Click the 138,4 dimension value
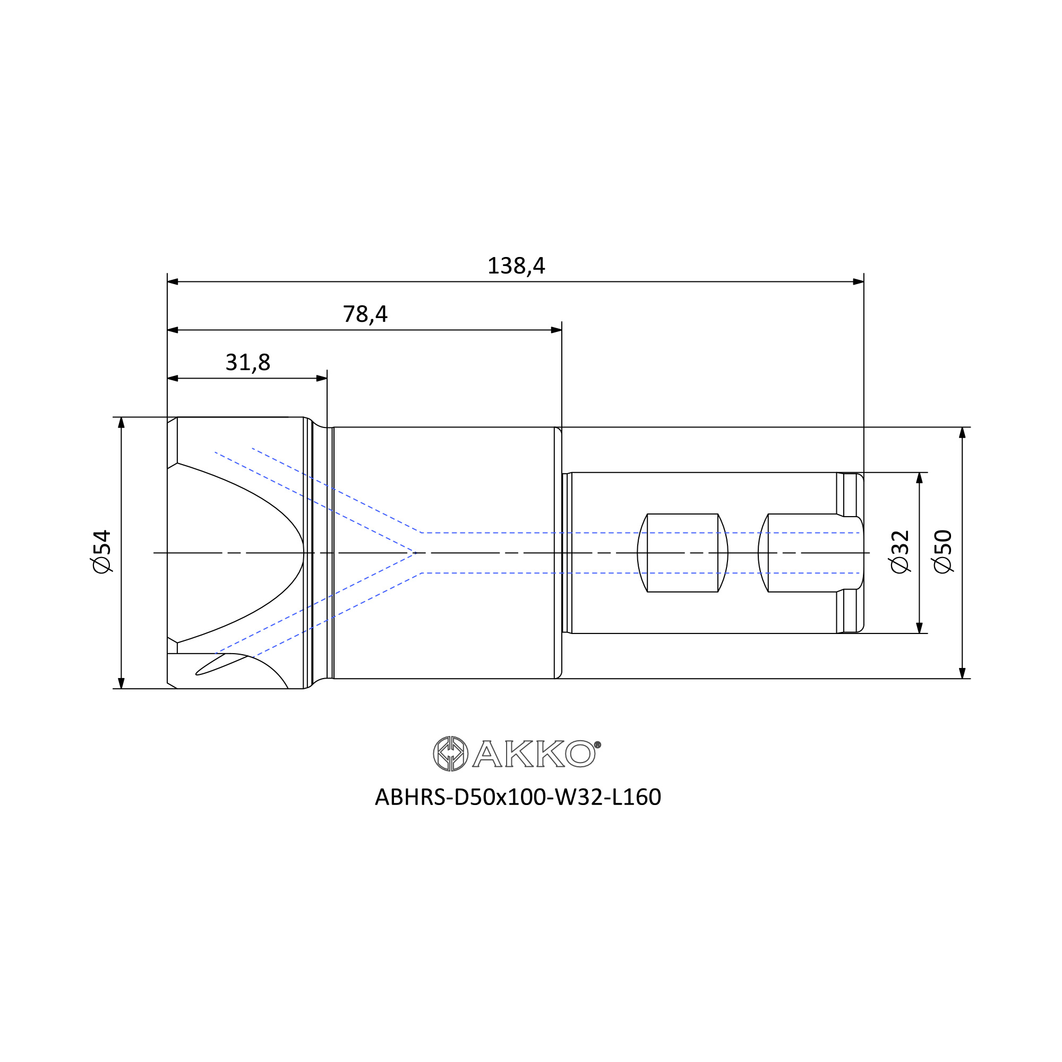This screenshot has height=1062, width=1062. [516, 266]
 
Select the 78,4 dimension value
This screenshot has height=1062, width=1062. [365, 314]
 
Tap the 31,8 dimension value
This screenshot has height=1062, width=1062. [248, 363]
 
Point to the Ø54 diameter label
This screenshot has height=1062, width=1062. [102, 552]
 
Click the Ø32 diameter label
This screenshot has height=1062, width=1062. [900, 552]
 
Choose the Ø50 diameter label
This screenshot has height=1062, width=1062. [943, 552]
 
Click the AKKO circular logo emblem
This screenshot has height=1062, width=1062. [451, 753]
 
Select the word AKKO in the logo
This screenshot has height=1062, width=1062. [533, 753]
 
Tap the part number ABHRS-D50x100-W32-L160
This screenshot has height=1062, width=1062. [518, 797]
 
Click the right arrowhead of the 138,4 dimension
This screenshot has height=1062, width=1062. [858, 282]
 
